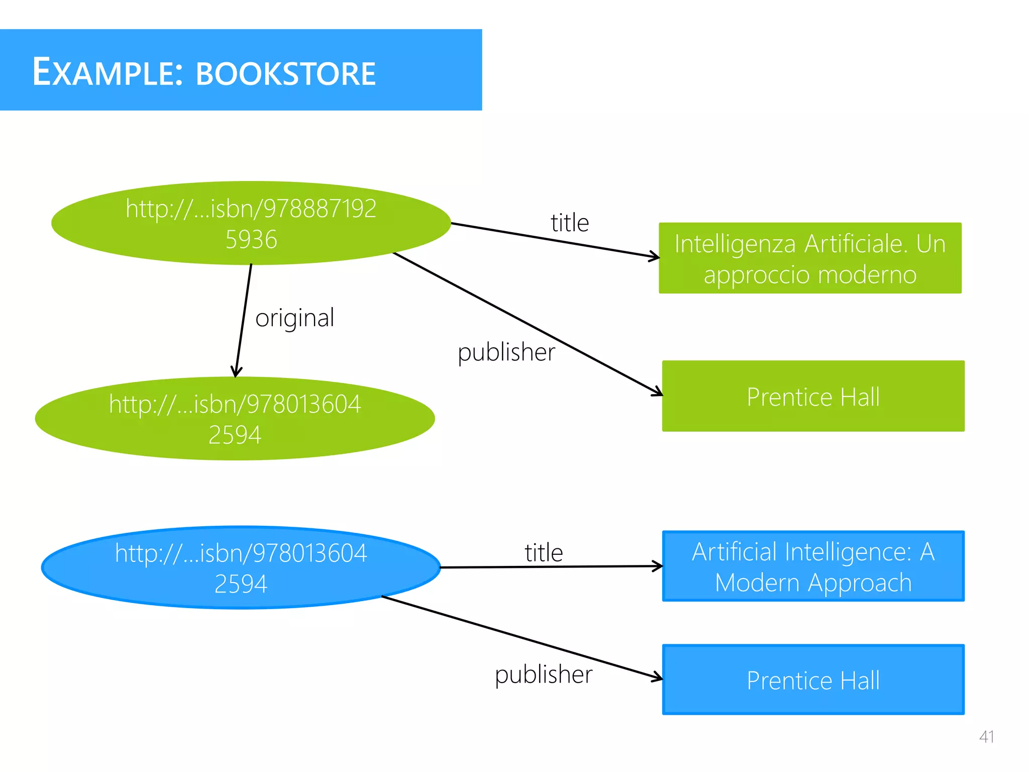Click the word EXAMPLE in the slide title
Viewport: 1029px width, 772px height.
click(x=103, y=72)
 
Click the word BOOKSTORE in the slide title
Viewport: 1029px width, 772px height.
click(x=285, y=74)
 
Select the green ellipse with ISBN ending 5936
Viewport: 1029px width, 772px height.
click(x=251, y=223)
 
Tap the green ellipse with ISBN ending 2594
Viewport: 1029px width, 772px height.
click(x=235, y=419)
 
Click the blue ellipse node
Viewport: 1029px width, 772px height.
click(x=241, y=568)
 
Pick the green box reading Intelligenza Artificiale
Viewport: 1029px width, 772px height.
click(x=809, y=258)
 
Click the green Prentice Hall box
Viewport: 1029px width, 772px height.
click(x=813, y=396)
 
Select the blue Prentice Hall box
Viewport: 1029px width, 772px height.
click(x=813, y=680)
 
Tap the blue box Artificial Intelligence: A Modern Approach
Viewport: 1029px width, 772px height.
click(x=813, y=566)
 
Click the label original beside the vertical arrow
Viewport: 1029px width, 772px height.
click(x=294, y=318)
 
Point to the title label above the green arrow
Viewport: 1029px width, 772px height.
click(x=569, y=223)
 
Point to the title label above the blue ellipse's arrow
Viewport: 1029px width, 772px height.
click(x=544, y=552)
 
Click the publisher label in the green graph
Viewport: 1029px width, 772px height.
click(x=506, y=352)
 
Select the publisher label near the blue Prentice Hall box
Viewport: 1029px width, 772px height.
click(x=543, y=674)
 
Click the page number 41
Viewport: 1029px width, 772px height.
click(x=986, y=737)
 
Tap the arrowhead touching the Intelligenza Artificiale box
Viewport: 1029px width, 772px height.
click(x=655, y=257)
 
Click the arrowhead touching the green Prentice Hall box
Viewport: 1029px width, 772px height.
click(x=658, y=392)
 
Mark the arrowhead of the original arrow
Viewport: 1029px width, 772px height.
click(x=236, y=372)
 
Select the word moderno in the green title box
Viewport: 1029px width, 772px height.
click(x=867, y=275)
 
